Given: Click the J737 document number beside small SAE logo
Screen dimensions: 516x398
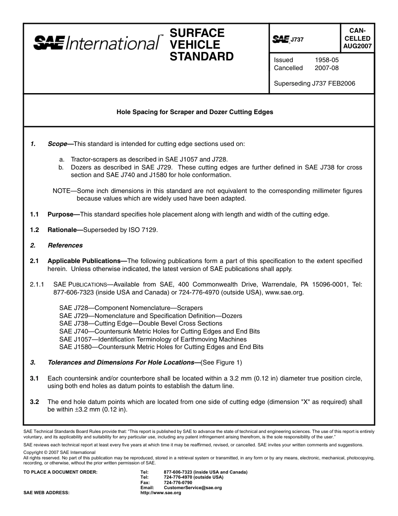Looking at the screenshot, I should click(297, 40).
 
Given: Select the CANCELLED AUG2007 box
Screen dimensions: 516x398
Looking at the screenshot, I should click(357, 38).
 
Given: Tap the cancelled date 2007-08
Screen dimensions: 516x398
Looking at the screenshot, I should click(327, 68).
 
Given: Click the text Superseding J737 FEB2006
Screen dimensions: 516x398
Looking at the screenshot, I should click(314, 83).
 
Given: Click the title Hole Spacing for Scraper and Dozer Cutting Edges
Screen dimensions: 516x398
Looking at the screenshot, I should click(194, 112).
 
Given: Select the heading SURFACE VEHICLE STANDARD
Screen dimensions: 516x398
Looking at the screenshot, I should click(201, 44).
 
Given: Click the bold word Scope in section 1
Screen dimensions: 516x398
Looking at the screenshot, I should click(58, 144).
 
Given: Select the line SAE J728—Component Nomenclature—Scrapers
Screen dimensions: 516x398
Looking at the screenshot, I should click(131, 308).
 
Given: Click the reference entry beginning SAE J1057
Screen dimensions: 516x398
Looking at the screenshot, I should click(153, 339).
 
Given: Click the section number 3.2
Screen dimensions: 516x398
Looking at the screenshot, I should click(34, 402).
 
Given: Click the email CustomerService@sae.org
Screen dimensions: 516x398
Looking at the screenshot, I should click(193, 488).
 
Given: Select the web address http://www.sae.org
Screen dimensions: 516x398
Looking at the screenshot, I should click(160, 493).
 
